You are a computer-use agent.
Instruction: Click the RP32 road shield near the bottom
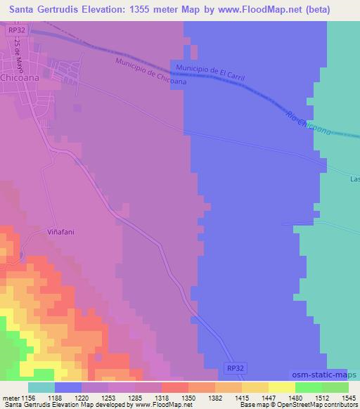tap(236, 368)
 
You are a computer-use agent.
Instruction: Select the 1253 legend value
tap(109, 397)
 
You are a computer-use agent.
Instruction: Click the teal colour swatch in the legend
tap(41, 387)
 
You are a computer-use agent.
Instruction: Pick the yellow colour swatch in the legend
tap(282, 387)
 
